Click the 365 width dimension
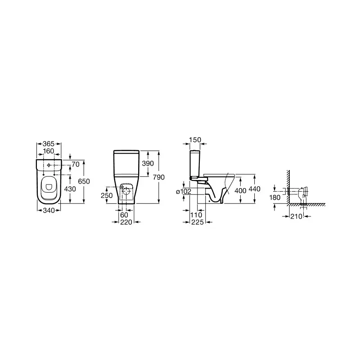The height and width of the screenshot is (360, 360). click(49, 144)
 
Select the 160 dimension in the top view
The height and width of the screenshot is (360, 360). click(49, 151)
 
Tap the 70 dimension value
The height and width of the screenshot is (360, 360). click(76, 164)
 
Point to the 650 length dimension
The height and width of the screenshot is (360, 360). click(84, 181)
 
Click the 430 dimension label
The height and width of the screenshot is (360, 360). click(70, 189)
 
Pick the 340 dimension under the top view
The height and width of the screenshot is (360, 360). click(49, 210)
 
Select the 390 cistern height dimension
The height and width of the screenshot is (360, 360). click(148, 163)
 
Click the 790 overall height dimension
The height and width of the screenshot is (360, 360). click(159, 177)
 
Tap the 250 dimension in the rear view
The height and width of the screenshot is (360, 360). click(107, 195)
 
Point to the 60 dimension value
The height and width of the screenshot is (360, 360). click(124, 215)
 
